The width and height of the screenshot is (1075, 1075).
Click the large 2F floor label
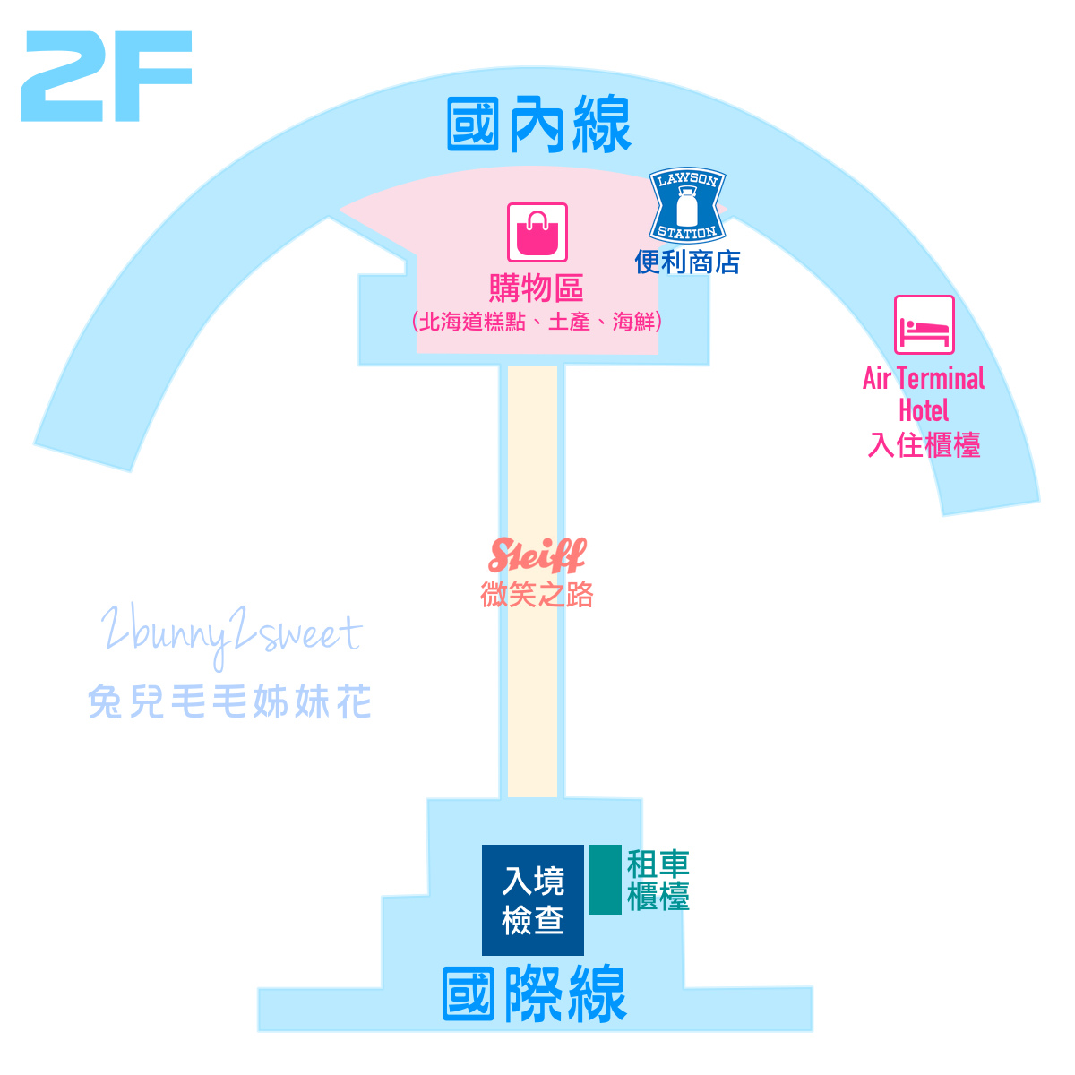106,76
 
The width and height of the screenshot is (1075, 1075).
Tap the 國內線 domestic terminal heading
539,125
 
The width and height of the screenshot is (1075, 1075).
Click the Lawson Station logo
687,205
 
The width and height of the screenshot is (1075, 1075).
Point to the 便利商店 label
687,262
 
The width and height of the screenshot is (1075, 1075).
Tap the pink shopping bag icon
537,232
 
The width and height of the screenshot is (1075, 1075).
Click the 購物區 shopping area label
536,288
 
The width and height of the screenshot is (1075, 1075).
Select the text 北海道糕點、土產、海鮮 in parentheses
537,322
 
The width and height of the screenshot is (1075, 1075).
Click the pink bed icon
924,324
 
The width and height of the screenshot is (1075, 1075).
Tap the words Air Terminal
924,378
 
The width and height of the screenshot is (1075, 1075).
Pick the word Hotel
924,411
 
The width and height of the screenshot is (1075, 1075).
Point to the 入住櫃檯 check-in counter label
924,445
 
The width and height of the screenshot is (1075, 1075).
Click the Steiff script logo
537,555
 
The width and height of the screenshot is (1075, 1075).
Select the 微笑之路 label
537,595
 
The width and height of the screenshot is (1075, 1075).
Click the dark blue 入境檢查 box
532,899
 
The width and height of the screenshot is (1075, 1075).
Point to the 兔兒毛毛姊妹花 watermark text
230,701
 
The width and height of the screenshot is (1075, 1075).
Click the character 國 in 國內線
473,125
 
